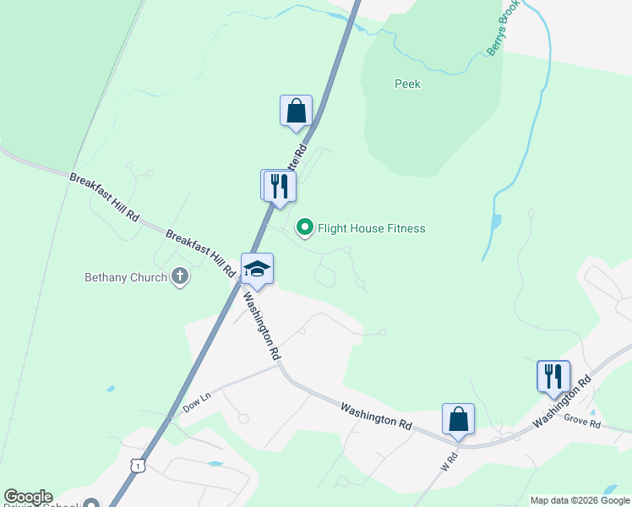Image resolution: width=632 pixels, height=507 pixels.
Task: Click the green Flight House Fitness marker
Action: click(x=304, y=227)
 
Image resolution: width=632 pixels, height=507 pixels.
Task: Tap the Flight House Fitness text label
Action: click(x=371, y=228)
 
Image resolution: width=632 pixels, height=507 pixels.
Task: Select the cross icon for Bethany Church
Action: click(x=179, y=276)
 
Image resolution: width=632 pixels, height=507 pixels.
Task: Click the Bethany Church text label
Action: click(x=126, y=277)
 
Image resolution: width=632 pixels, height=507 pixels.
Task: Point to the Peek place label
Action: click(x=407, y=84)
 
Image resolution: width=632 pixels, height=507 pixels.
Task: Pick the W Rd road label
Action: click(x=448, y=463)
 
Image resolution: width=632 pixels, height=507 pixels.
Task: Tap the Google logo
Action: click(x=28, y=497)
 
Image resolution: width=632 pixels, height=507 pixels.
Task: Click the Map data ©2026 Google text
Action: click(x=580, y=500)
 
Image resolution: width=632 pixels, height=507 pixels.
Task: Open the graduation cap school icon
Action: click(x=257, y=269)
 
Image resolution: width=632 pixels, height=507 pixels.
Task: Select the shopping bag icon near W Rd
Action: click(x=458, y=418)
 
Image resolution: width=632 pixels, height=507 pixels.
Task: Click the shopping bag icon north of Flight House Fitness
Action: click(x=296, y=111)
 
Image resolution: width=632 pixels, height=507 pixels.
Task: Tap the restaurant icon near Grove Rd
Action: click(x=553, y=375)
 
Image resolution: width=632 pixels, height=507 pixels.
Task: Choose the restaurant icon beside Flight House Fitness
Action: click(x=280, y=186)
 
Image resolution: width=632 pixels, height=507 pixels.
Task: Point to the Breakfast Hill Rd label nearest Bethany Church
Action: click(x=200, y=253)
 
